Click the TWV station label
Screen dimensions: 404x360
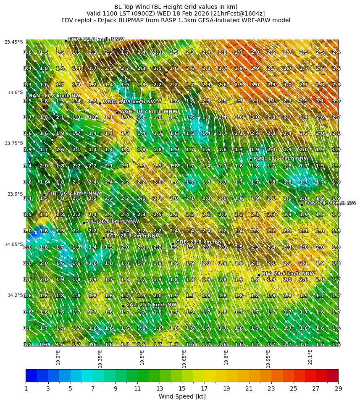pyautogui.click(x=96, y=39)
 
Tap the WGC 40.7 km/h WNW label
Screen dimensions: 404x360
pyautogui.click(x=148, y=112)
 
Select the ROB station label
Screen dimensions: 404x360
pyautogui.click(x=281, y=158)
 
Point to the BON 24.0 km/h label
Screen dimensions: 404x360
pyautogui.click(x=330, y=203)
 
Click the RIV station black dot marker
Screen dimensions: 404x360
pyautogui.click(x=259, y=275)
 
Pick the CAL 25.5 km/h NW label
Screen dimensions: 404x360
pyautogui.click(x=151, y=304)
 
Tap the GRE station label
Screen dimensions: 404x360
pyautogui.click(x=199, y=242)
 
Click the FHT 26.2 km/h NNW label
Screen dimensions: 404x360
pyautogui.click(x=74, y=193)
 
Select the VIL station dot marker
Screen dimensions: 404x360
pyautogui.click(x=84, y=223)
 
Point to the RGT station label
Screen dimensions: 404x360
pyautogui.click(x=134, y=236)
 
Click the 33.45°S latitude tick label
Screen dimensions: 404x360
pyautogui.click(x=14, y=42)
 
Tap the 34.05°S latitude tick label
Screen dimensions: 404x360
pyautogui.click(x=14, y=244)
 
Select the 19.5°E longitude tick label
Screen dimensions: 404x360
pyautogui.click(x=142, y=357)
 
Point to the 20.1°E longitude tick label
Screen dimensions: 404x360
pyautogui.click(x=310, y=357)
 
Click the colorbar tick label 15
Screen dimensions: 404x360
pyautogui.click(x=182, y=388)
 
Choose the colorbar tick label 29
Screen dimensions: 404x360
pyautogui.click(x=338, y=388)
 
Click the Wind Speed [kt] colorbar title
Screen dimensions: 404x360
pyautogui.click(x=182, y=396)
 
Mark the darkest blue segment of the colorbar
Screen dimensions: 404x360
pyautogui.click(x=31, y=375)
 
